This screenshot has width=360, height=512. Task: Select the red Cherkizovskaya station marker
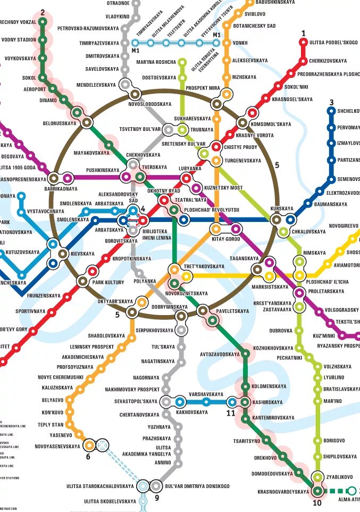pos(304,60)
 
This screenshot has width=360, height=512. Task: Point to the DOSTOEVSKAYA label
pos(159,78)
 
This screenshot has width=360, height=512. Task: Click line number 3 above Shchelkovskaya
pos(331,103)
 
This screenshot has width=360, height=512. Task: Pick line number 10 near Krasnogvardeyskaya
pos(317,503)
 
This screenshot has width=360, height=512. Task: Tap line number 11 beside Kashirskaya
pos(231,412)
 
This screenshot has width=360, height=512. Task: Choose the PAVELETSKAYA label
pos(232,311)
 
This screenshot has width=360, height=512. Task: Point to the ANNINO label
pos(163,463)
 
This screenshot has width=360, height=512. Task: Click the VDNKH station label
pos(240,43)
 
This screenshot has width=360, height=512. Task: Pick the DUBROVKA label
pos(281,331)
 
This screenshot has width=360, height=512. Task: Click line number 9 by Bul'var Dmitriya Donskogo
pos(157,498)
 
